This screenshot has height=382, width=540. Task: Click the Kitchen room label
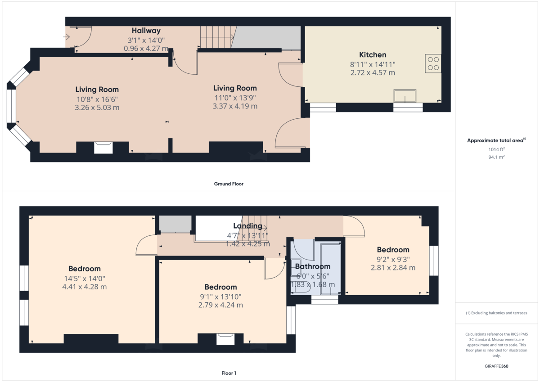[373, 55]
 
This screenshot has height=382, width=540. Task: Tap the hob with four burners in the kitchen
[433, 63]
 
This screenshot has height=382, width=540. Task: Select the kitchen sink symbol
[405, 96]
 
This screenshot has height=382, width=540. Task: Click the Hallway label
[146, 31]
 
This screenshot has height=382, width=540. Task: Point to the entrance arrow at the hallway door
[66, 37]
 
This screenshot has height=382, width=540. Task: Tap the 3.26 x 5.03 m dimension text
[97, 108]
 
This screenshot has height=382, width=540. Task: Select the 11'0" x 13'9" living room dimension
[235, 98]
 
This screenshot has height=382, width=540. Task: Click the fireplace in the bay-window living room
[103, 147]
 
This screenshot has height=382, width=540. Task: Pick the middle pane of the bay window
[11, 106]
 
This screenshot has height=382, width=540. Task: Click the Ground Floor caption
[229, 184]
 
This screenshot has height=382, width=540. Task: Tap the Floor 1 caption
[229, 373]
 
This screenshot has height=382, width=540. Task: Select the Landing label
[247, 226]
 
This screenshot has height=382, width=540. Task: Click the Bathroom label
[313, 266]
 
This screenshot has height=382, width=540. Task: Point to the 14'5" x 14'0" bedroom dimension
[85, 279]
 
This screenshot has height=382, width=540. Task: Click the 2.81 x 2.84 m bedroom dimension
[393, 268]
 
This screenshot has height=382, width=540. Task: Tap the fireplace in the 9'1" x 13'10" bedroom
[225, 339]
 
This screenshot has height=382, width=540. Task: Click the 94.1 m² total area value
[496, 157]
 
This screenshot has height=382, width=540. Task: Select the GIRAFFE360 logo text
[496, 366]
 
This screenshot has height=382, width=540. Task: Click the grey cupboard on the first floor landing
[175, 224]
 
